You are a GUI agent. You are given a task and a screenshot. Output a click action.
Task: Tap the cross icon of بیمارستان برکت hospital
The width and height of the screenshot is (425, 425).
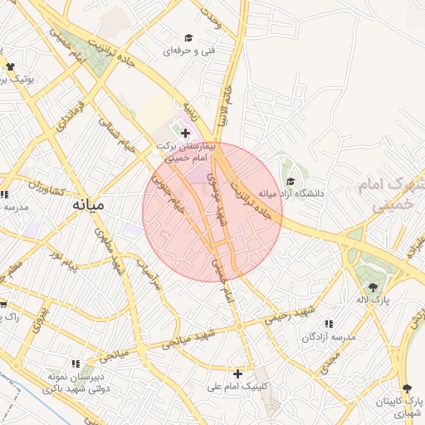click(184, 133)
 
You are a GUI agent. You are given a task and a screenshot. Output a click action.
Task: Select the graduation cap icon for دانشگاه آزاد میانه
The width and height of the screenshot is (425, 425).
click(290, 182)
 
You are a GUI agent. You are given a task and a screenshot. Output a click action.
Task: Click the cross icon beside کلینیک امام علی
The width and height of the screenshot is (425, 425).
click(237, 374)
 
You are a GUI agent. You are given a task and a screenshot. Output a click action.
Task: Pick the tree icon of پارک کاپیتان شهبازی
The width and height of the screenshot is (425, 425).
click(406, 388)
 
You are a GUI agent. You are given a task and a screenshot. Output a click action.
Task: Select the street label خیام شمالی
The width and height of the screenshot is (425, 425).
click(116, 134)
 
